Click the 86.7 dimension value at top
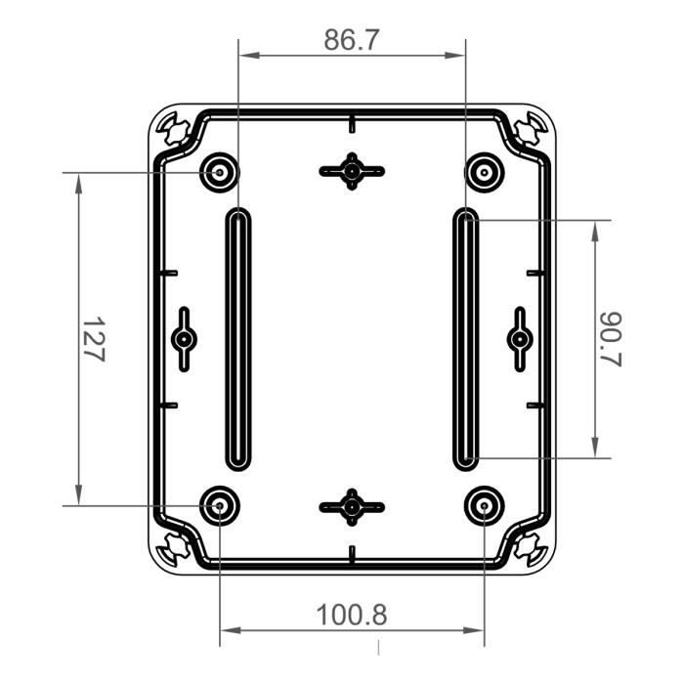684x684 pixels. [x=352, y=40]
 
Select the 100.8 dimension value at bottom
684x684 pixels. [x=352, y=615]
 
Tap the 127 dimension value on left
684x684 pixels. [x=92, y=339]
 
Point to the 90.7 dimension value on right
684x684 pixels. [x=611, y=339]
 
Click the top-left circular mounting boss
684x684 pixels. [x=220, y=173]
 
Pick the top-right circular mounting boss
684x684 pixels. [x=484, y=173]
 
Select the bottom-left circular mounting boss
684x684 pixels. [x=220, y=505]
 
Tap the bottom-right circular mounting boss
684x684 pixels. [x=484, y=505]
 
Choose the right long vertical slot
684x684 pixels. [x=466, y=339]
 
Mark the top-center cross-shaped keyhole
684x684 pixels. [x=352, y=172]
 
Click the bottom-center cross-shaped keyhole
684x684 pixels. [x=352, y=506]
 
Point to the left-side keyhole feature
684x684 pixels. [x=184, y=339]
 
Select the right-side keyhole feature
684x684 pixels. [x=520, y=339]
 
